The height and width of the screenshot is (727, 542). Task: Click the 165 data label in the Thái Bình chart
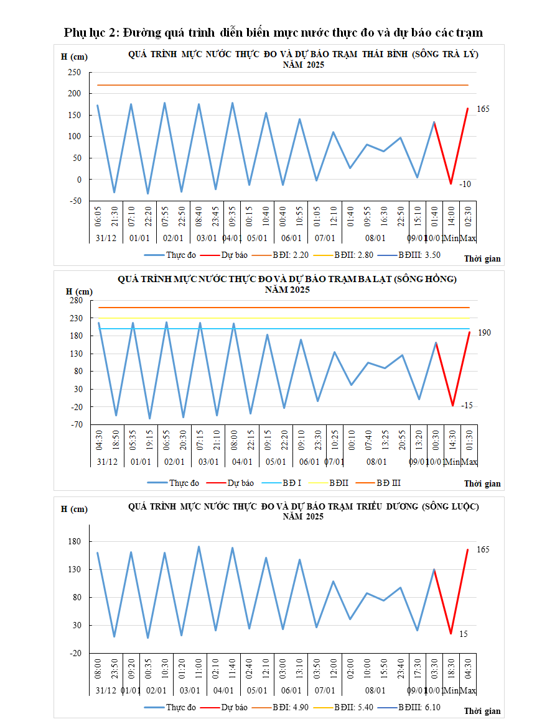pos(484,109)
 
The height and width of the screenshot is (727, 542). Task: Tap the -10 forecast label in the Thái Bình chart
pos(465,185)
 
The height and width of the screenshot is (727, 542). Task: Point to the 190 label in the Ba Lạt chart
pos(484,333)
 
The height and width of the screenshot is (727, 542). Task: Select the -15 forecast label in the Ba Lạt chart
pos(467,406)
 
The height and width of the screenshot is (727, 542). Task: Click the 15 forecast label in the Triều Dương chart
pos(464,634)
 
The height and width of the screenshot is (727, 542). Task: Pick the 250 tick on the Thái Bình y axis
pos(75,72)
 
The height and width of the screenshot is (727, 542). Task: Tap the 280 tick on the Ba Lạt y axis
pos(76,301)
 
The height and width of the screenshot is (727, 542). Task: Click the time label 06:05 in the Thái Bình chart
pos(98,219)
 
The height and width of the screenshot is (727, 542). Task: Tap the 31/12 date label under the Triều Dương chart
pos(106,690)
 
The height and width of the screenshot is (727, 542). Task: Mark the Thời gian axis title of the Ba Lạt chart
pos(482,483)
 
